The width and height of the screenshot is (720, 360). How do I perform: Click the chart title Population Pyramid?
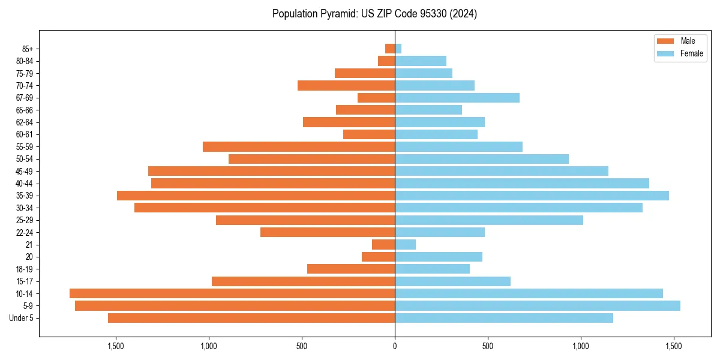374,14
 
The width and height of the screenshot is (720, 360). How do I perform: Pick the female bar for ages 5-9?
537,305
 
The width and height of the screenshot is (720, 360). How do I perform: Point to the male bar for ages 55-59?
298,146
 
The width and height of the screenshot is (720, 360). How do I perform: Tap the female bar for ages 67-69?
457,98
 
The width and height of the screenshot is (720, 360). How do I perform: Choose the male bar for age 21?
383,244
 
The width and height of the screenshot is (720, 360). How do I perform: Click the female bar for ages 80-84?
420,61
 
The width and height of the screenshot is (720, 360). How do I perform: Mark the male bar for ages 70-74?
346,85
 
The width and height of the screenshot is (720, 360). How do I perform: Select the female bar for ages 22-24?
439,232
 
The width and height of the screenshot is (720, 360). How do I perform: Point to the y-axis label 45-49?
24,171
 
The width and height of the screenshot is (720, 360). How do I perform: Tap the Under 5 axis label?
22,318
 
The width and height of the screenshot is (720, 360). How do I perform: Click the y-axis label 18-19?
24,269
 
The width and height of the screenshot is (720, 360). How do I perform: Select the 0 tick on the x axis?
395,346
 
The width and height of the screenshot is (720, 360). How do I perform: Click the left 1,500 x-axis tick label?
115,346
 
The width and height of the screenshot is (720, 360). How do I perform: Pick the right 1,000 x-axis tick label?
581,346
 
